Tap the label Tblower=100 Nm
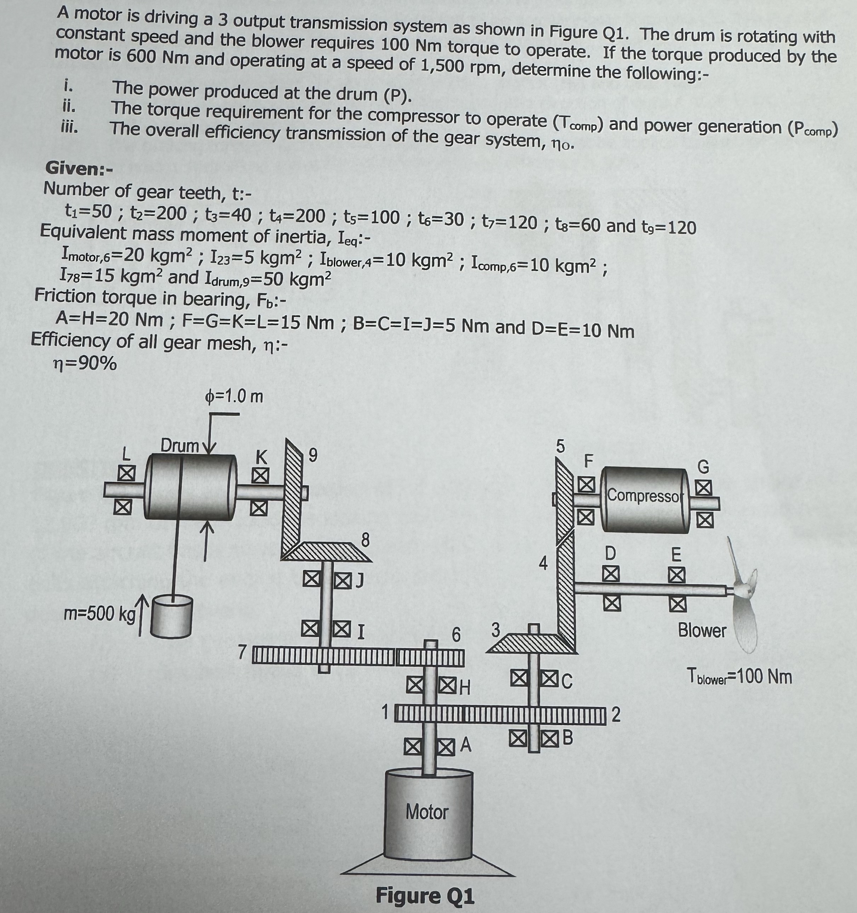(x=739, y=677)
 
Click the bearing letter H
(x=465, y=687)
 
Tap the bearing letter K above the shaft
(x=261, y=457)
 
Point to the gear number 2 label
(x=616, y=715)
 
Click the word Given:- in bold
(x=79, y=169)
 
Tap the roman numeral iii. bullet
(x=69, y=126)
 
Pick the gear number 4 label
(x=543, y=563)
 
